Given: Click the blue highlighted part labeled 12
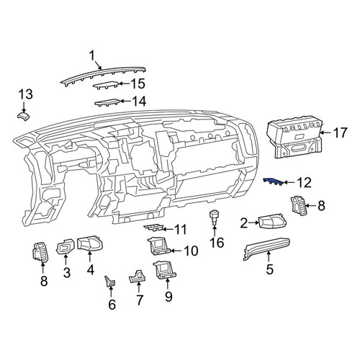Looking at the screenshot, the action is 273,181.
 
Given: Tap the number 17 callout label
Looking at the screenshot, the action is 340,132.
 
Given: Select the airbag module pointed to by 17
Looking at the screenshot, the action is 295,139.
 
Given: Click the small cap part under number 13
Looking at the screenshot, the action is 24,116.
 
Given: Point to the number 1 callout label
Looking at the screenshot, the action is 92,56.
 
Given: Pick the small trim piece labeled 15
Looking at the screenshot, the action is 106,85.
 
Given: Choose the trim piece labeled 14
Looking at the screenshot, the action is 107,102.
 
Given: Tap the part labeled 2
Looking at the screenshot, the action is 272,221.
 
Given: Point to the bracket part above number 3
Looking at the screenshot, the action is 66,247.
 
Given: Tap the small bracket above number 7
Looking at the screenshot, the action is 138,276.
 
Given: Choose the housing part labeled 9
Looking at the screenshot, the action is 165,270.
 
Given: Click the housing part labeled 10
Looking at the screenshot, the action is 159,246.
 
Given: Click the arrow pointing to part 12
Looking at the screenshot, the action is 289,183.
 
